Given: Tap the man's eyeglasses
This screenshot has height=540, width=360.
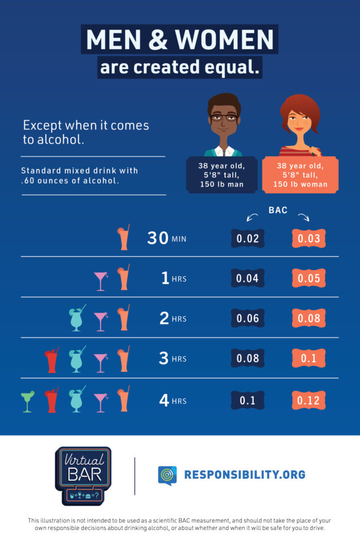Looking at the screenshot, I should [223, 117].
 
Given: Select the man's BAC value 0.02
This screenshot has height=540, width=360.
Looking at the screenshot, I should [247, 238].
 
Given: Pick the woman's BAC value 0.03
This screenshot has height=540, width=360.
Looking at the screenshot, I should [309, 238].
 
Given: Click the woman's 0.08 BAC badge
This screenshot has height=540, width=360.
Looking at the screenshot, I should [309, 319].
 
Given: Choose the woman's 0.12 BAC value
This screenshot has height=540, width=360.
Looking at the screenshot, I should [309, 401].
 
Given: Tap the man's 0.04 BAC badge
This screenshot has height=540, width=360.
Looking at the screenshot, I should [247, 279].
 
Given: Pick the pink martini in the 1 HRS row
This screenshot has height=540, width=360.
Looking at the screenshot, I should [101, 280].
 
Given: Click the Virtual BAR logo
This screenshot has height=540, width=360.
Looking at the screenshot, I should [83, 476].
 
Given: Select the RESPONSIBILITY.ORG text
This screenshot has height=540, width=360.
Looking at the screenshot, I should [244, 474].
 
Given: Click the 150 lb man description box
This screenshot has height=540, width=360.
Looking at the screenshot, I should [221, 175].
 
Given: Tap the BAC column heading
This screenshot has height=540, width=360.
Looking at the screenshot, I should [278, 210].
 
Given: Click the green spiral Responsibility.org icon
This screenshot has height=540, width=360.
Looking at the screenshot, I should [167, 474].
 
